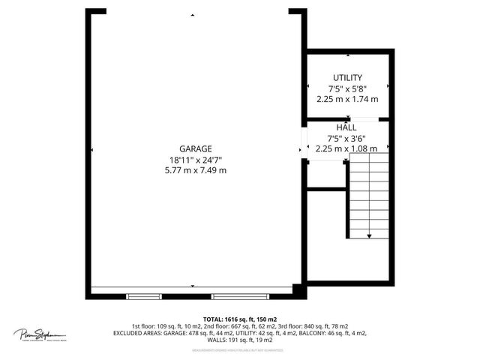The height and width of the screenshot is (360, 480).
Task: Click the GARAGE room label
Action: pyautogui.click(x=195, y=148)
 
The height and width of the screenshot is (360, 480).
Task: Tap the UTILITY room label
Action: pyautogui.click(x=347, y=78)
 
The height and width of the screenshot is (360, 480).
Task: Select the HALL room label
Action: pyautogui.click(x=346, y=127)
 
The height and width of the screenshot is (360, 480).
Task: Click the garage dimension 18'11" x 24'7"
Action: pyautogui.click(x=195, y=160)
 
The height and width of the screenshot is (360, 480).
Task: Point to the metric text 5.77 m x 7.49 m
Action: pyautogui.click(x=195, y=170)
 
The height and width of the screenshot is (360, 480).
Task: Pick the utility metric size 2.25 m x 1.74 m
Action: pyautogui.click(x=347, y=98)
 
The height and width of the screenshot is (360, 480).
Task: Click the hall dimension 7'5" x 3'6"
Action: pyautogui.click(x=346, y=138)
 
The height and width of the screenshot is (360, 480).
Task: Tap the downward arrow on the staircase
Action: pyautogui.click(x=369, y=235)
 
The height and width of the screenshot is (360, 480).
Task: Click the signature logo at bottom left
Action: pyautogui.click(x=40, y=334)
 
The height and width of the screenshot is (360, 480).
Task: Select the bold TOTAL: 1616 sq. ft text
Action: pyautogui.click(x=240, y=319)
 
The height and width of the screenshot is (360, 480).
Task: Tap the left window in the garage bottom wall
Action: pyautogui.click(x=144, y=296)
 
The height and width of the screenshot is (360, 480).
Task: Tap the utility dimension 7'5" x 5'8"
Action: pyautogui.click(x=347, y=88)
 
